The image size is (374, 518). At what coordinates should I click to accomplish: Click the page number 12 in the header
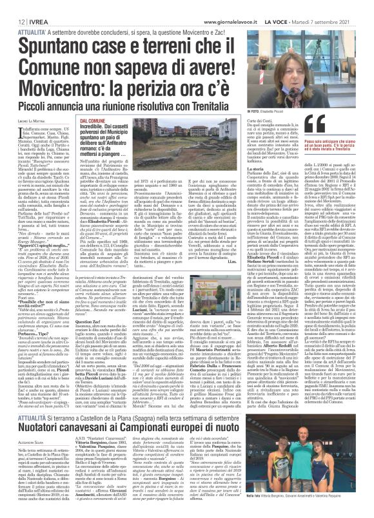(12, 5)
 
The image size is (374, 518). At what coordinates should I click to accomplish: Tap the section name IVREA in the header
(30, 5)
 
